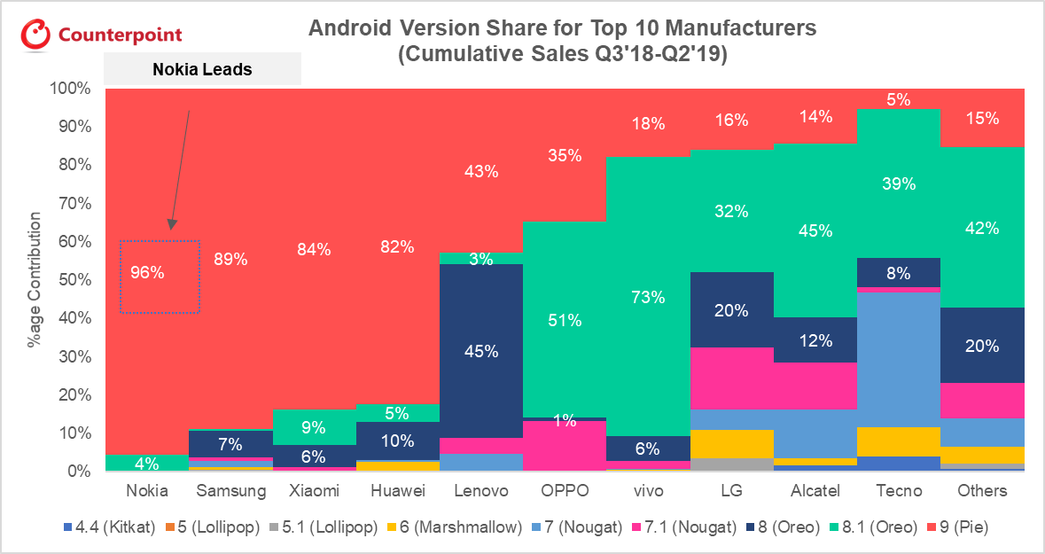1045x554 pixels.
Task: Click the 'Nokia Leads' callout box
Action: [x=203, y=69]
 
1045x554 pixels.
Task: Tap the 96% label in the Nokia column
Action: [x=146, y=273]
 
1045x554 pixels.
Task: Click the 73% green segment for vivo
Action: [x=648, y=297]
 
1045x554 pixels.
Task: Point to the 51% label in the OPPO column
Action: [x=565, y=320]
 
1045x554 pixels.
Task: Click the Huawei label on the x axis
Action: [x=398, y=490]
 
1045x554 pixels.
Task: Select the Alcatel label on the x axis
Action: [x=815, y=490]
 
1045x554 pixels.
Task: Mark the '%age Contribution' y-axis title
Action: [x=35, y=279]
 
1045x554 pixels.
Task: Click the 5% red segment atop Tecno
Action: [x=898, y=99]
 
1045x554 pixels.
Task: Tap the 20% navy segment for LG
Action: [x=732, y=310]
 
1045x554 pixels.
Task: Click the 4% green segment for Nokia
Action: [x=146, y=463]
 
